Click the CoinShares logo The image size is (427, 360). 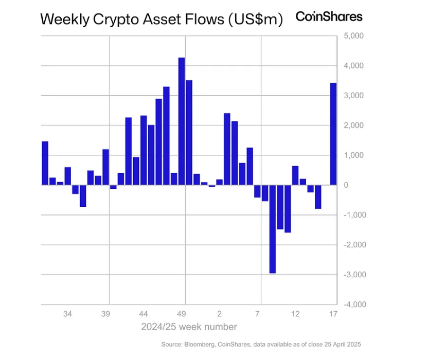329,16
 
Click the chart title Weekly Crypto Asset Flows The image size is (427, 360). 161,20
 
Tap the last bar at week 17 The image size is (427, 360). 333,134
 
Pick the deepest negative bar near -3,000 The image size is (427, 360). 272,229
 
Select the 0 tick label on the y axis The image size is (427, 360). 347,185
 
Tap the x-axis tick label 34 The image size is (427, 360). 67,314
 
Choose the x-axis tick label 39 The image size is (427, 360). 105,314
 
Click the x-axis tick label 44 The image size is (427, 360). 144,314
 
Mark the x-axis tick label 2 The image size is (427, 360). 219,314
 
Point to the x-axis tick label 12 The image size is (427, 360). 295,314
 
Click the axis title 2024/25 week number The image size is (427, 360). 189,327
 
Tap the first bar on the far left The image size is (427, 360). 45,163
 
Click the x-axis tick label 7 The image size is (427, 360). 257,314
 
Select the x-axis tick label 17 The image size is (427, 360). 333,314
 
